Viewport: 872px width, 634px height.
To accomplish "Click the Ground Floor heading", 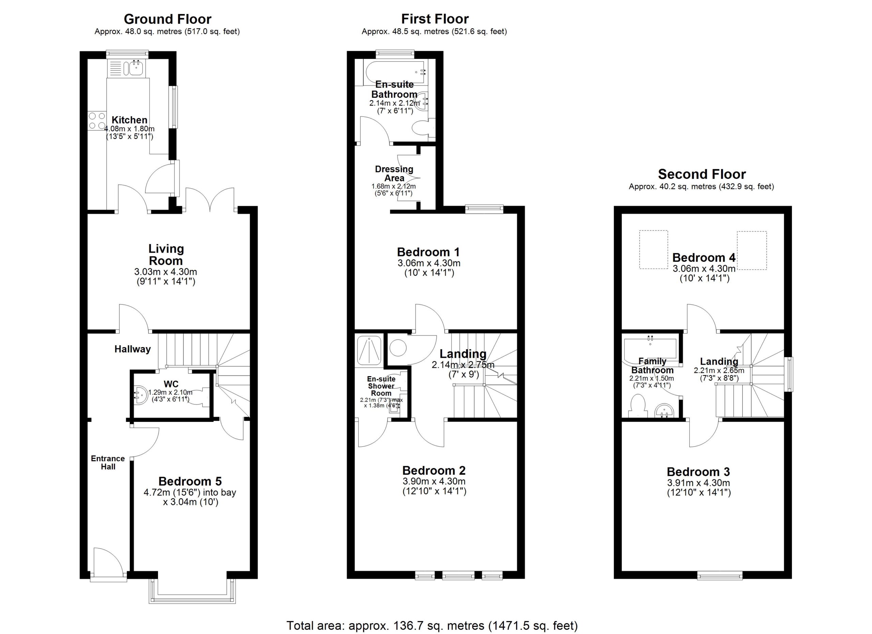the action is pyautogui.click(x=167, y=19).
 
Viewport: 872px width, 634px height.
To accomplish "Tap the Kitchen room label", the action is pyautogui.click(x=129, y=120).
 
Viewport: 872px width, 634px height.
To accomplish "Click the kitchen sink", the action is pyautogui.click(x=137, y=68).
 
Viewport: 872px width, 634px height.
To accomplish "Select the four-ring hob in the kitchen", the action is pyautogui.click(x=97, y=121).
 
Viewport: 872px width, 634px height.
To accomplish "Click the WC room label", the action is pyautogui.click(x=171, y=384).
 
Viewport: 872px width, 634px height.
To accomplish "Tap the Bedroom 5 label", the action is pyautogui.click(x=190, y=481).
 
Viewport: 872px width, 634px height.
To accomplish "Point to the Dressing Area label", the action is pyautogui.click(x=394, y=174).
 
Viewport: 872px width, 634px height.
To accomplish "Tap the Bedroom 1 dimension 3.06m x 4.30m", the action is pyautogui.click(x=429, y=263).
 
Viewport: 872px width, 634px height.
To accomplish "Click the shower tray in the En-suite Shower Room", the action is pyautogui.click(x=370, y=350).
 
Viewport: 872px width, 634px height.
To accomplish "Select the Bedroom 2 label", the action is pyautogui.click(x=434, y=470).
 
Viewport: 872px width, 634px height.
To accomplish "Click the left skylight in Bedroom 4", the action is pyautogui.click(x=653, y=249).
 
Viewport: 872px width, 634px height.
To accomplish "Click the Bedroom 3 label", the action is pyautogui.click(x=698, y=472).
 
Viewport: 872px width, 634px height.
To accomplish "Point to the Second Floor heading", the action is pyautogui.click(x=702, y=174).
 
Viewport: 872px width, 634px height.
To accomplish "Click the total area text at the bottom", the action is pyautogui.click(x=432, y=626).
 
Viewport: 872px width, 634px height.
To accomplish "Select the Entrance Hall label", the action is pyautogui.click(x=108, y=463).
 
